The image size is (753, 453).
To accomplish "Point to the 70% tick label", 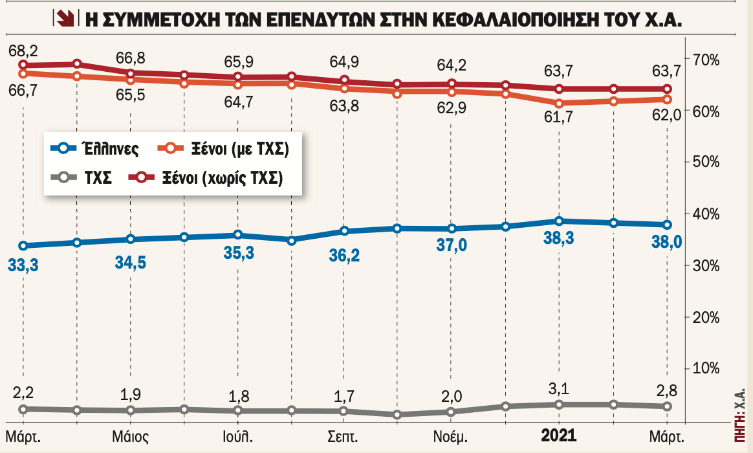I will pyautogui.click(x=706, y=61).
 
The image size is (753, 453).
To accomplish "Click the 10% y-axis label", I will pyautogui.click(x=706, y=369).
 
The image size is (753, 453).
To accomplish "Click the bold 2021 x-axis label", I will pyautogui.click(x=558, y=435).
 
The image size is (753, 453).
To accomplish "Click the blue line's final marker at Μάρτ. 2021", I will pyautogui.click(x=666, y=225).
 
